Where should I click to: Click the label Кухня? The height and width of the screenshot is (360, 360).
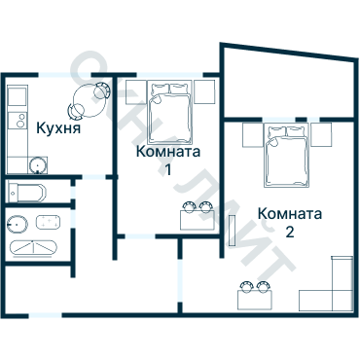tap(57, 127)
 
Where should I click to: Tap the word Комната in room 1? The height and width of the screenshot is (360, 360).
tap(169, 152)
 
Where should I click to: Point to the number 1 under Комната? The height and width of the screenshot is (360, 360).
tap(168, 169)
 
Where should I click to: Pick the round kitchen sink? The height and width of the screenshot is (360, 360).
tap(37, 164)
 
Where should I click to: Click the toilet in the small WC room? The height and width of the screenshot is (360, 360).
tap(23, 189)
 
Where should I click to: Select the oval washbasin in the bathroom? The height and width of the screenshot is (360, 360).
tap(17, 223)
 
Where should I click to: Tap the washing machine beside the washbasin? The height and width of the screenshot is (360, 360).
tap(50, 222)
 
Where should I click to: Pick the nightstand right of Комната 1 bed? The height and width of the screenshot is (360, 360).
tap(204, 92)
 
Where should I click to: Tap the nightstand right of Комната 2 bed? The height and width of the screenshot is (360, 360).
tap(323, 133)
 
